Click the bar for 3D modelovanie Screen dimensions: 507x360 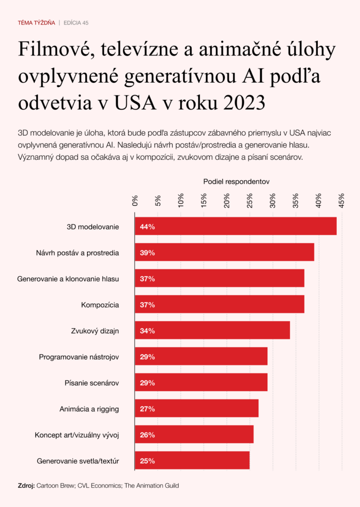(x=236, y=226)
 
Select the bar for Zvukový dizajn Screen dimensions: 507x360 (x=212, y=331)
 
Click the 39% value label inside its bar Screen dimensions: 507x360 (x=148, y=253)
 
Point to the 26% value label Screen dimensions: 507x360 (x=148, y=435)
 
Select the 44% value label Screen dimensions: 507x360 (x=148, y=227)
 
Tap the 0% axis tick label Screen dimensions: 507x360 (x=135, y=201)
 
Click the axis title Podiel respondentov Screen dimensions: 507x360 (x=236, y=182)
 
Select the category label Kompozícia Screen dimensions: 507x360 (x=100, y=304)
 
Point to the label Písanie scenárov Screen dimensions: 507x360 (x=92, y=383)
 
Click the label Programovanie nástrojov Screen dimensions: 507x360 (x=79, y=357)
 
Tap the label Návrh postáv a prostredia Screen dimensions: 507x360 (x=78, y=253)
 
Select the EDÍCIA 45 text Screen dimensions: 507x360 (x=76, y=23)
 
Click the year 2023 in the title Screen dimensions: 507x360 (x=244, y=103)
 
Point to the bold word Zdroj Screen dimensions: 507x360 (x=26, y=486)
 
